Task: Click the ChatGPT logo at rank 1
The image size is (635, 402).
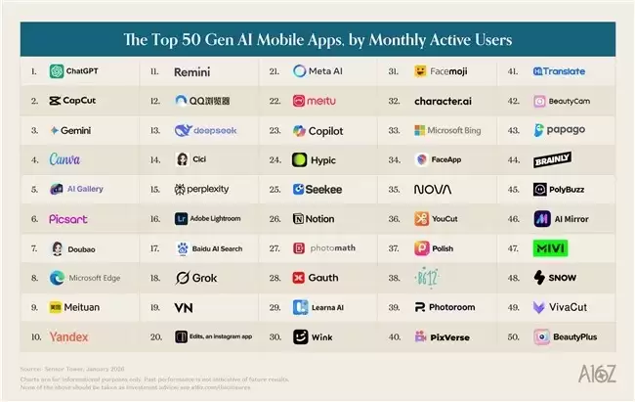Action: click(x=56, y=71)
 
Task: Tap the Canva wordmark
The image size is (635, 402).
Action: click(x=65, y=159)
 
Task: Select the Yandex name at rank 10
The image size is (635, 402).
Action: click(x=68, y=336)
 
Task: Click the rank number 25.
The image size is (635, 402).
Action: click(x=275, y=189)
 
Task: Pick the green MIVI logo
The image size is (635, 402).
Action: click(x=550, y=248)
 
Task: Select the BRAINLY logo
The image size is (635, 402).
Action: click(x=552, y=159)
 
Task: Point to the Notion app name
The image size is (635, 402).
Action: click(x=319, y=219)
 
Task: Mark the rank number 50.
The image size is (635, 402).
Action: click(x=513, y=336)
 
